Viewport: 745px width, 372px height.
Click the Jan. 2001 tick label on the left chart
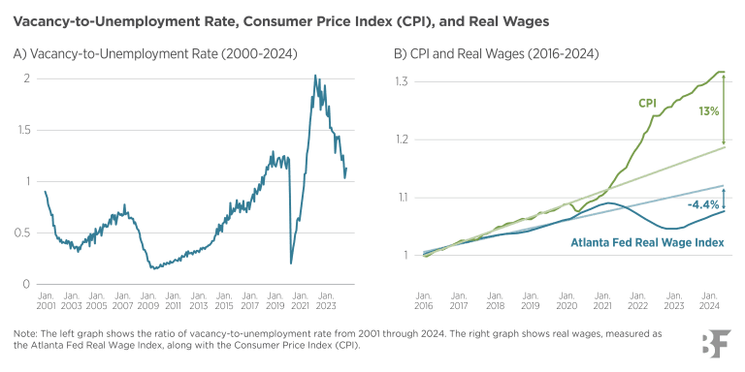(44, 299)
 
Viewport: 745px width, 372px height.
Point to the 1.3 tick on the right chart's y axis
(402, 81)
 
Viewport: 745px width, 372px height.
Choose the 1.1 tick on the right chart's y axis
(402, 198)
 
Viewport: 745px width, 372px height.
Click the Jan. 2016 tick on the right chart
(424, 298)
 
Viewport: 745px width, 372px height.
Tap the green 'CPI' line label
(647, 103)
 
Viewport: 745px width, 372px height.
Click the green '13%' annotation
(708, 110)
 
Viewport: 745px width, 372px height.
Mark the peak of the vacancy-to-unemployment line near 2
(316, 77)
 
